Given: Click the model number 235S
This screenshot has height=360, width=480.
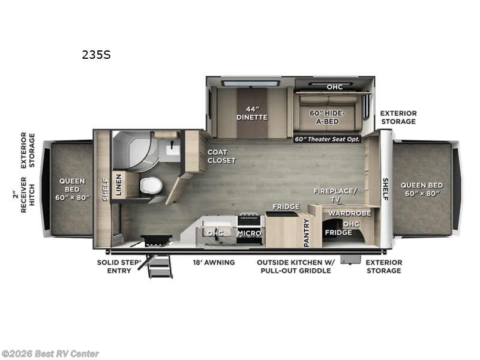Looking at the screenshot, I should [x=96, y=55].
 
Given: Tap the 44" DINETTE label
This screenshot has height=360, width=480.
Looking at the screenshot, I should [x=251, y=113].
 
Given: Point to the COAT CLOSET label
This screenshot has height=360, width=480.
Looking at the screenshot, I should [x=221, y=157].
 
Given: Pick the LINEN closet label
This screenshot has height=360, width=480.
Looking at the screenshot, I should [x=119, y=185].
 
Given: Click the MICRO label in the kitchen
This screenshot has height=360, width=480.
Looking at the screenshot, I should [x=248, y=233].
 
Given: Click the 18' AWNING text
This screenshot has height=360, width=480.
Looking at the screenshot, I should [x=214, y=262].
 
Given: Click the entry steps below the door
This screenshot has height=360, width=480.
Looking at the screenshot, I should [x=160, y=266].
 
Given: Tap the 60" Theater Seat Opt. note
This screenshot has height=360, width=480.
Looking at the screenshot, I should [x=328, y=139].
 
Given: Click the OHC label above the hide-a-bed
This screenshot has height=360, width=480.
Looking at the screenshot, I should [x=334, y=87].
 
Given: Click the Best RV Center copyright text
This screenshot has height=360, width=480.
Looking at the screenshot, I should [x=50, y=354].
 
